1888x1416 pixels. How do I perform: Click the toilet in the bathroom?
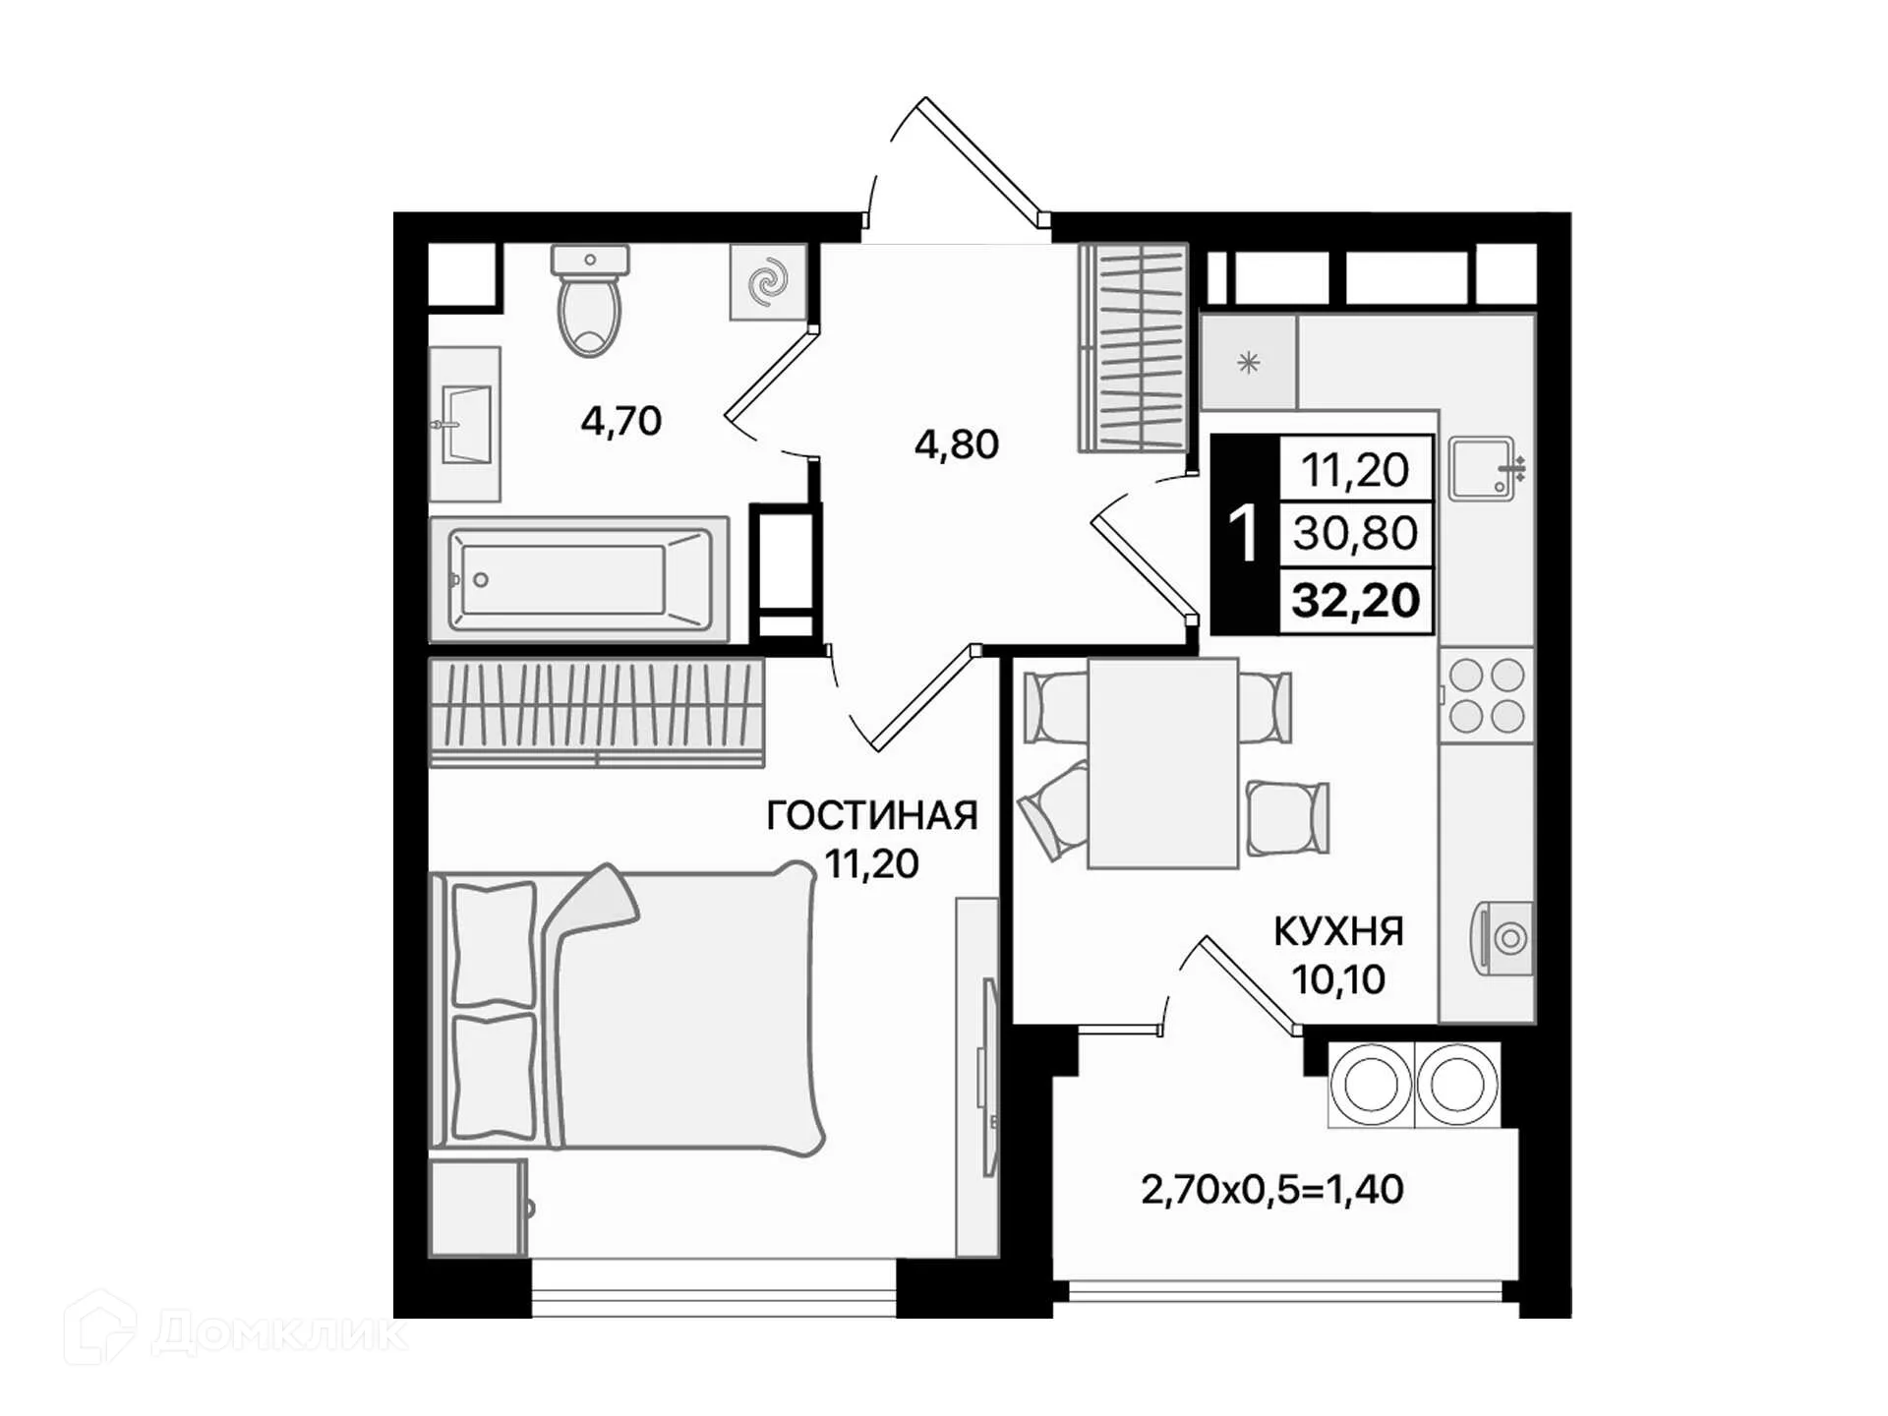tap(589, 305)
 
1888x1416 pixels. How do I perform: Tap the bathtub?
tap(580, 579)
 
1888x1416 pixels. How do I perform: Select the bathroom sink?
tap(465, 424)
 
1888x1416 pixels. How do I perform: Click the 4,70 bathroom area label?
tap(620, 421)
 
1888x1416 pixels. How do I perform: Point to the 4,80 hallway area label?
tap(956, 444)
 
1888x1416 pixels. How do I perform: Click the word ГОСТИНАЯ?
tap(871, 815)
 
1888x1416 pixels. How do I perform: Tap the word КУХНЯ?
tap(1338, 930)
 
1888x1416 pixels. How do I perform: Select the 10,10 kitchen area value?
tap(1338, 979)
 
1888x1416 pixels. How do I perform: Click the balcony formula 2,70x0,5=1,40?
tap(1271, 1190)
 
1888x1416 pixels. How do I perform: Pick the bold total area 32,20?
tap(1355, 600)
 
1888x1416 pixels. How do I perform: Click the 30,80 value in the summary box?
tap(1355, 533)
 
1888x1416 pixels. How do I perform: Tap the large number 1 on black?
tap(1244, 534)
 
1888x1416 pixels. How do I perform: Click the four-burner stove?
tap(1486, 695)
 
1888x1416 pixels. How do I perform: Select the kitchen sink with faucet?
tap(1482, 468)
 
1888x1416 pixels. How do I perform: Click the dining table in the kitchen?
tap(1162, 763)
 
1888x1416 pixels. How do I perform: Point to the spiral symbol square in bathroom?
tap(768, 282)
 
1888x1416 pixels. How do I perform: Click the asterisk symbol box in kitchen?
tap(1248, 363)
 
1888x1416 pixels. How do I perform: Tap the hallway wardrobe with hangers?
tap(1133, 348)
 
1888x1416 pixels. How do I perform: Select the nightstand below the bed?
tap(477, 1208)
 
